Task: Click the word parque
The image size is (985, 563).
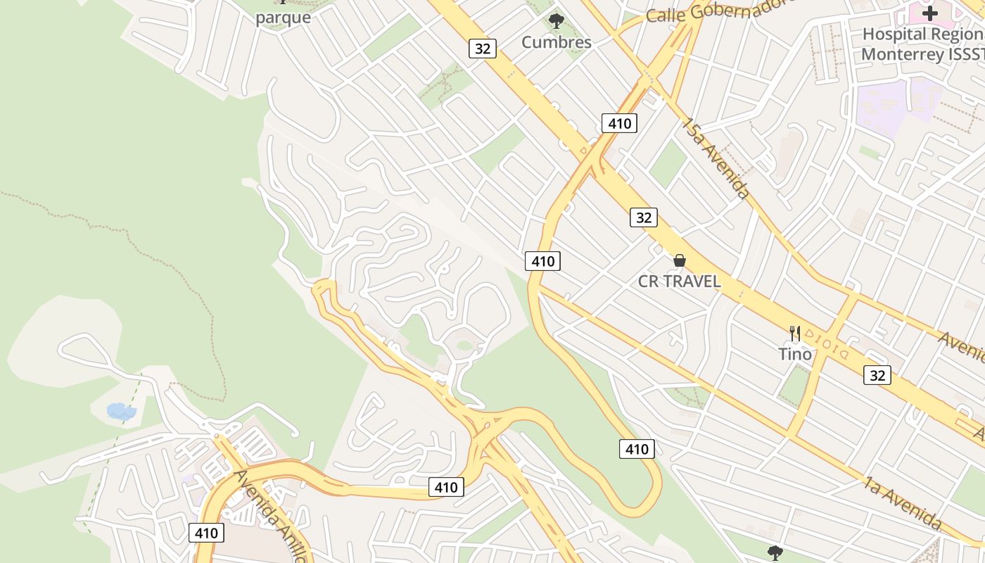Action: tap(283, 18)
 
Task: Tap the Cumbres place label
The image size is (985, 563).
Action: tap(556, 42)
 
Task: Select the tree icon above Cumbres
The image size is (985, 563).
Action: tap(556, 21)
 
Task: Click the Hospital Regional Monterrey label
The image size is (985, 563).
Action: tap(922, 44)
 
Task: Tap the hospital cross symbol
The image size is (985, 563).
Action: tap(930, 13)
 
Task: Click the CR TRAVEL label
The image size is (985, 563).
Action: tap(679, 281)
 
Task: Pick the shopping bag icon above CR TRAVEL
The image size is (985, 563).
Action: tap(679, 261)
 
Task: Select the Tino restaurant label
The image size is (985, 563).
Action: tap(794, 354)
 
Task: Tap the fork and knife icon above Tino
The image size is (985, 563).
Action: tap(795, 333)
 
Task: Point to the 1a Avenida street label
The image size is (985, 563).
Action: tap(903, 502)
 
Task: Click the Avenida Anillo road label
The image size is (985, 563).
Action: tap(271, 516)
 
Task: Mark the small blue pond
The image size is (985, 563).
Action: tap(120, 412)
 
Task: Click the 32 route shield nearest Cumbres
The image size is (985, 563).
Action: tap(483, 49)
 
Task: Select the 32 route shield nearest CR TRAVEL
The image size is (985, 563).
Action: tap(643, 217)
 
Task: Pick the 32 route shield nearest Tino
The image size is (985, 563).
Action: tap(877, 376)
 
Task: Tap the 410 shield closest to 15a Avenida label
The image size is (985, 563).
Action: tap(619, 124)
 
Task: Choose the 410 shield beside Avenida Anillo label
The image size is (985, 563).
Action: tap(206, 533)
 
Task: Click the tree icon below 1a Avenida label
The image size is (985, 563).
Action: tap(775, 552)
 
